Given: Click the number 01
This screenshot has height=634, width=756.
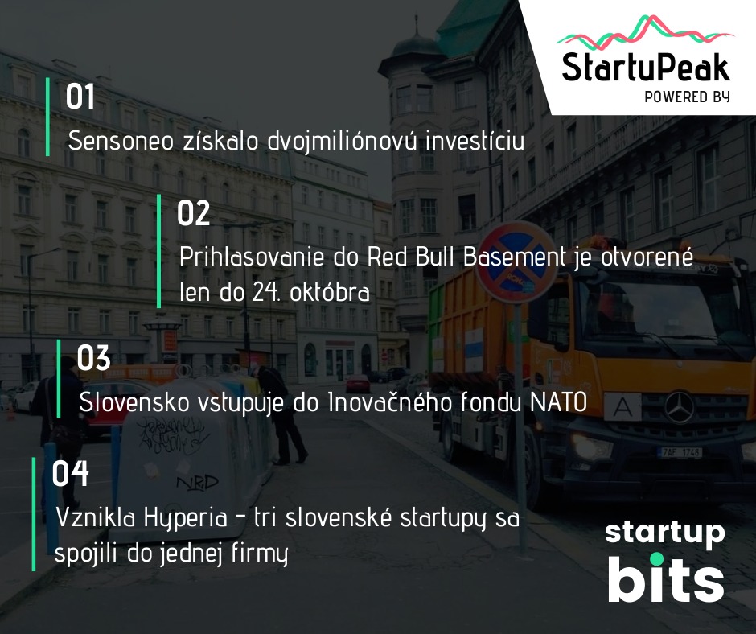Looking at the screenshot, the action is pos(80,97).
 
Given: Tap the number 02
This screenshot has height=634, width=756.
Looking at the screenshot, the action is pos(193,213).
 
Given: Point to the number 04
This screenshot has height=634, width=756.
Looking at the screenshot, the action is pos(71,473).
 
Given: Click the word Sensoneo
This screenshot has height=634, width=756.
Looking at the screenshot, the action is pos(121,141).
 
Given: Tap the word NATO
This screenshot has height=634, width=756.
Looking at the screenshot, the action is pos(559,402).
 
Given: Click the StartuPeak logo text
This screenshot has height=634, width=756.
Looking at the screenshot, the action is pos(646,67).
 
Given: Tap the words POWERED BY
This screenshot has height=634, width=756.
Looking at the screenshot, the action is pos(688,97).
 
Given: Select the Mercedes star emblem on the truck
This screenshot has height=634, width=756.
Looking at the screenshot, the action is pos(680,408).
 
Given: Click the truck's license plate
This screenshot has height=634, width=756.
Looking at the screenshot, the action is pos(680,453).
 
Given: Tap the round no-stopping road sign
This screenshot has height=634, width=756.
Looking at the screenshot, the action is pos(516,262).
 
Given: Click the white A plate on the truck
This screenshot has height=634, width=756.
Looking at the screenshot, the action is pos(622,407).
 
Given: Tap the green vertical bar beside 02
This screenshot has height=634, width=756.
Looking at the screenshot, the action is pos(159,251).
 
